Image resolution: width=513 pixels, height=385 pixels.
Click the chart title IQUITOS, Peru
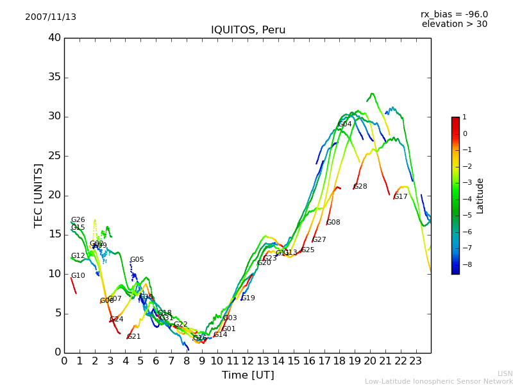[x=248, y=30]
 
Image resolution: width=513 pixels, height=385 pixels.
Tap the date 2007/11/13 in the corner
[x=51, y=17]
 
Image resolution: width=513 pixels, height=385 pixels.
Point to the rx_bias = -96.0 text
[x=454, y=14]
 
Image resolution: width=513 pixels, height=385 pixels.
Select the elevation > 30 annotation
[x=454, y=24]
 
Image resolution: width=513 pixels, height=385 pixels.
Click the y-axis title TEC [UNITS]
[x=39, y=195]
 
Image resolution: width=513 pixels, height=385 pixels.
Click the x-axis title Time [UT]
[x=248, y=375]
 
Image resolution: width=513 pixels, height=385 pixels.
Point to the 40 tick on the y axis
[x=54, y=38]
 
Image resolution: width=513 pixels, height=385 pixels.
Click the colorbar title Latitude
[x=480, y=195]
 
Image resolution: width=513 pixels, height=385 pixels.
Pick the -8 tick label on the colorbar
[x=465, y=264]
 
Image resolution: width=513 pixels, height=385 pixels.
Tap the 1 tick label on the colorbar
[x=464, y=117]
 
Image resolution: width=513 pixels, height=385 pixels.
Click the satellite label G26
[x=78, y=220]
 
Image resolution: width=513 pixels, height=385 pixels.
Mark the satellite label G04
[x=345, y=124]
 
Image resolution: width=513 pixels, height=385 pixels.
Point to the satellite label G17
[x=401, y=197]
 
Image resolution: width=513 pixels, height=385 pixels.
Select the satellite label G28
[x=360, y=187]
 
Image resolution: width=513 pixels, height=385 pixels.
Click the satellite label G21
[x=134, y=337]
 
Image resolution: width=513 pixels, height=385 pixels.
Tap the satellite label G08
[x=333, y=223]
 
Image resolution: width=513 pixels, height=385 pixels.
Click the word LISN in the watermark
[x=505, y=373]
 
